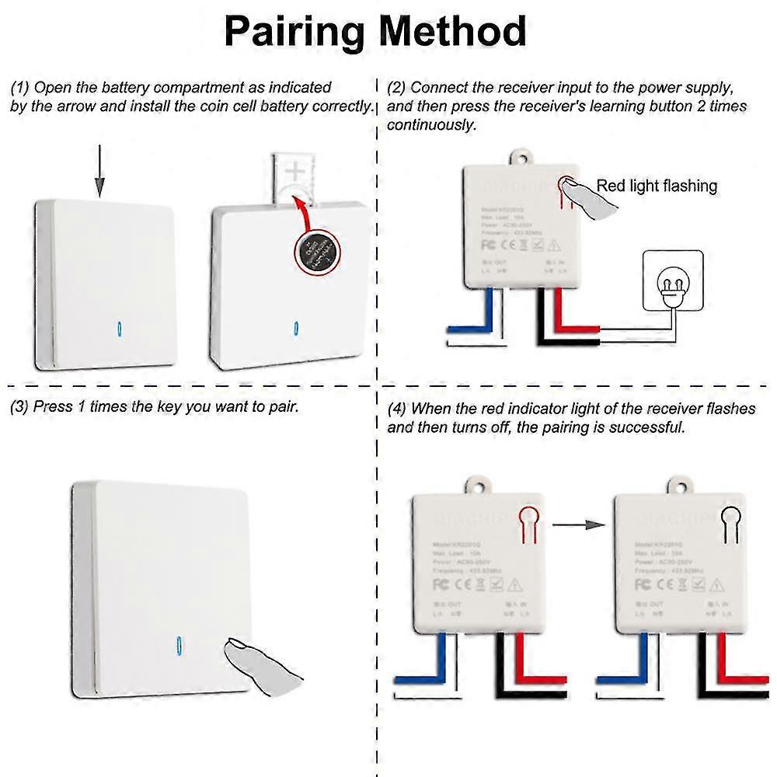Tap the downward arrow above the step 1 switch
[x=99, y=175]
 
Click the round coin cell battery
[x=317, y=252]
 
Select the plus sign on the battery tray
[x=295, y=170]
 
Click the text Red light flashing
[x=657, y=186]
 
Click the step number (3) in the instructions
[x=19, y=407]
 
